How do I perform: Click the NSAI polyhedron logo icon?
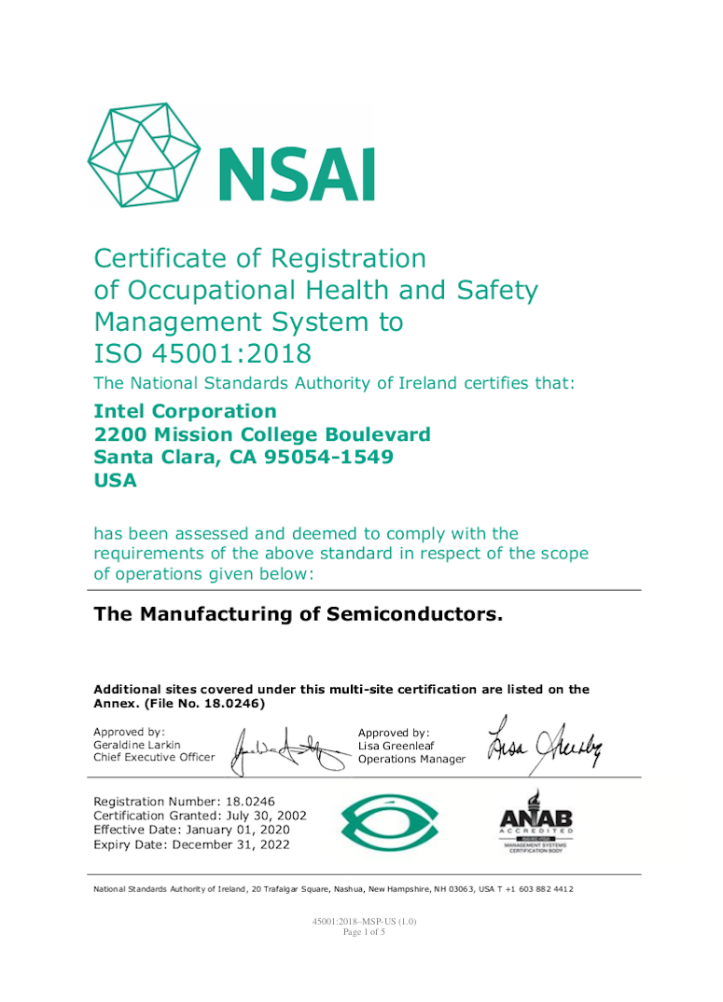point(144,155)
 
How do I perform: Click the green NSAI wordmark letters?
point(297,173)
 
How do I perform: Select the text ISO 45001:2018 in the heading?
point(202,354)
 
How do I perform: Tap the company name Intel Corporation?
point(186,411)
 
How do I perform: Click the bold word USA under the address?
point(116,480)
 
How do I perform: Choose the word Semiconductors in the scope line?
point(414,614)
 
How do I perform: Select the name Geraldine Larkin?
point(138,745)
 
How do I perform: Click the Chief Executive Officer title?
point(154,757)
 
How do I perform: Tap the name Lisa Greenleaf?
point(396,746)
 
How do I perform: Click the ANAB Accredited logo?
point(535,821)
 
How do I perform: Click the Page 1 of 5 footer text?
point(364,931)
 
